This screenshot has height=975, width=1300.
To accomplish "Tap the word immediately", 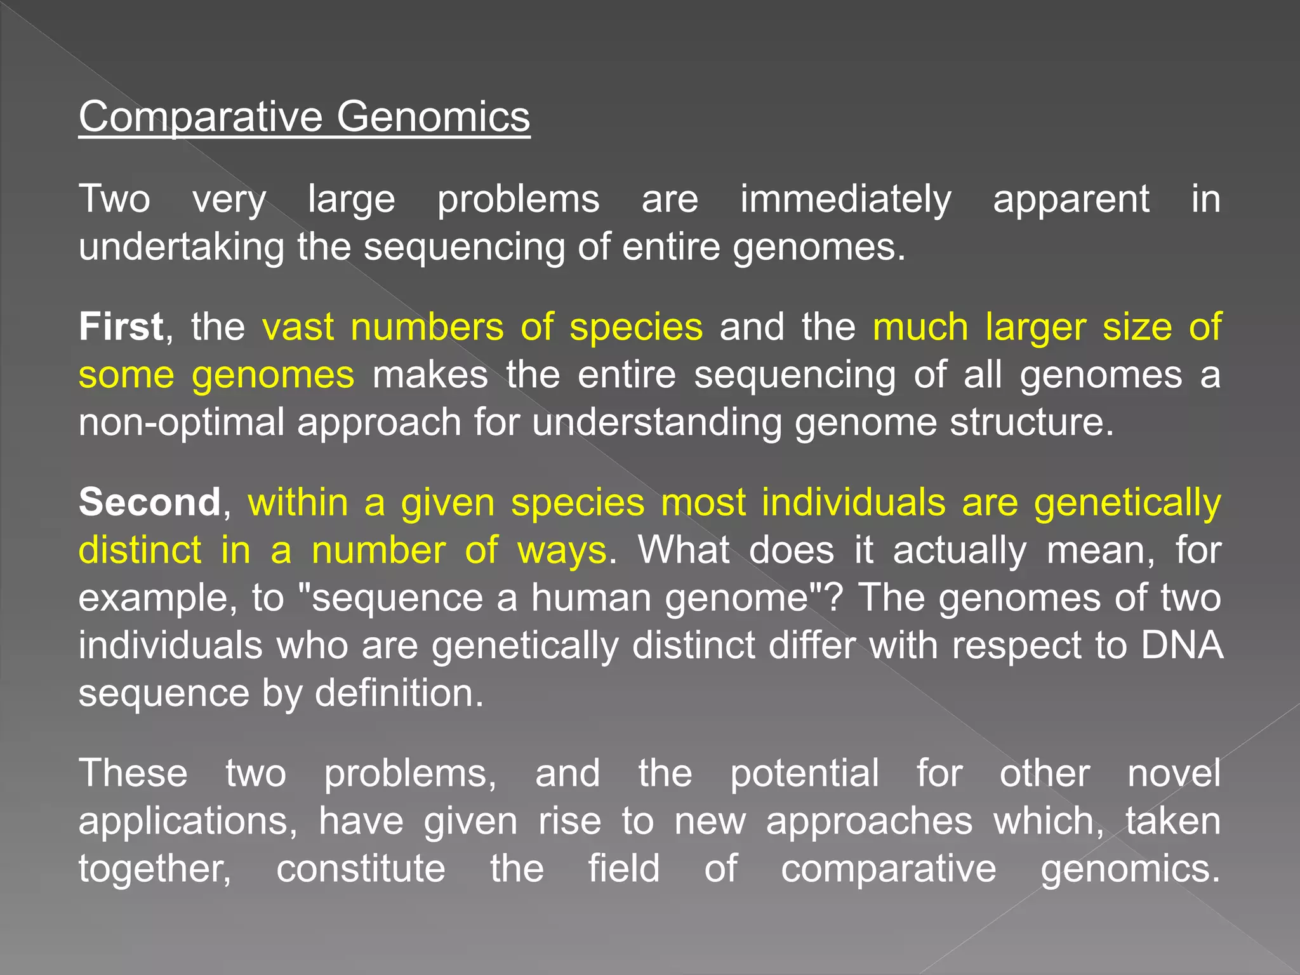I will pos(846,200).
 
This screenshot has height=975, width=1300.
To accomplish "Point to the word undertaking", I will pos(182,247).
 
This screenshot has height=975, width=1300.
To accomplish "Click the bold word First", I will pos(121,327).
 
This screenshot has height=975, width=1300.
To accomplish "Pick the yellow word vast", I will pos(298,327).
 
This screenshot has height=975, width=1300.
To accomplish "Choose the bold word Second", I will pos(150,502).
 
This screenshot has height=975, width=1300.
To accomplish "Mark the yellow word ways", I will pos(562,550).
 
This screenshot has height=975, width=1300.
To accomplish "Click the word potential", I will pos(804,774).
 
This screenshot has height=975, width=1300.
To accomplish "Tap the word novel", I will pos(1174,774).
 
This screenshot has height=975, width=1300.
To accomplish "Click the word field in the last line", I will pos(623,869).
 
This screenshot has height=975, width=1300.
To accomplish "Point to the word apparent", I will pos(1071,200).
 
